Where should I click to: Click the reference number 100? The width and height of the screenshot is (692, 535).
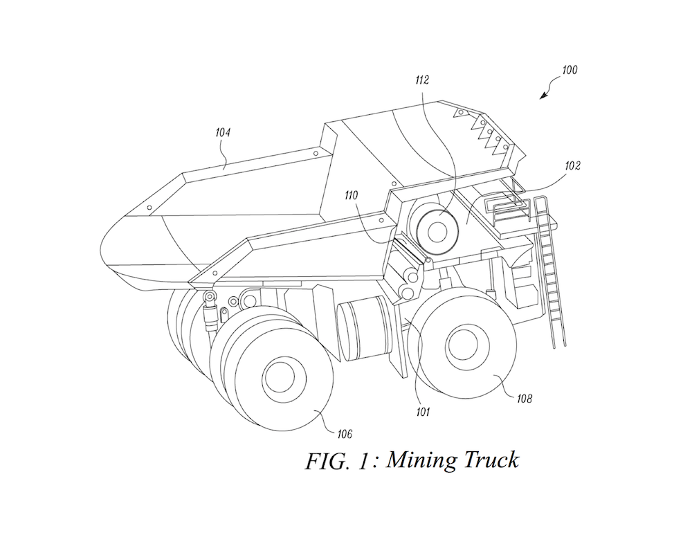(x=570, y=70)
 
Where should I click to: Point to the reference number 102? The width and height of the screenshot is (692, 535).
(x=572, y=166)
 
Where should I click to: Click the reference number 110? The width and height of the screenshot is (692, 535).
(x=354, y=196)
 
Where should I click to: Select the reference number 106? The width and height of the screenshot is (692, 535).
(x=344, y=434)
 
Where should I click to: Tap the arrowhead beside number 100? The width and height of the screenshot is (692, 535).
(x=543, y=96)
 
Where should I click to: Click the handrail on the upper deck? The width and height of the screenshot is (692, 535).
(x=503, y=199)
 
